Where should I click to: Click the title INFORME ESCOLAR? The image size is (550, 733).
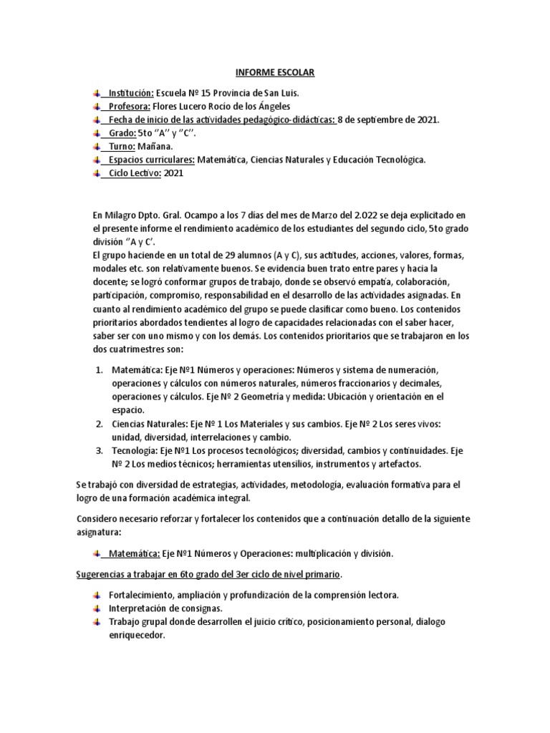point(274,73)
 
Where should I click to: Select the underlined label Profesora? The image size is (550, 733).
point(126,106)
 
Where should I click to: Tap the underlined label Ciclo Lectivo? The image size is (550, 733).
point(133,173)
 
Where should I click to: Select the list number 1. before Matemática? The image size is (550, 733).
point(99,369)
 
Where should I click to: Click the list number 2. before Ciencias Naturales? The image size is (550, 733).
point(99,424)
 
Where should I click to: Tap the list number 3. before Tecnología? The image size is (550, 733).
point(99,451)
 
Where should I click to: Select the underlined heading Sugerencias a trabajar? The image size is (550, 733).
point(208,574)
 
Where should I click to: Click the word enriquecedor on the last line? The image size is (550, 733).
point(137,635)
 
